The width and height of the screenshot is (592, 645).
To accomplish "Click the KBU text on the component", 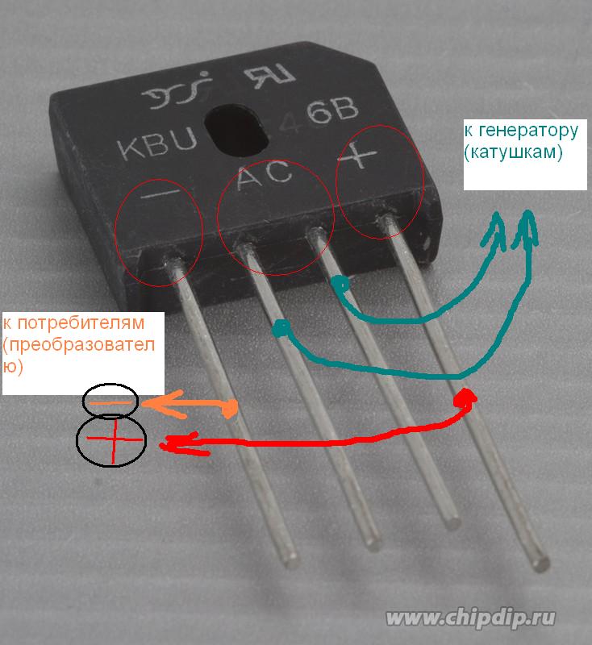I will point(158,148).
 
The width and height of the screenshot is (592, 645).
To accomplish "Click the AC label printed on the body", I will point(265,177).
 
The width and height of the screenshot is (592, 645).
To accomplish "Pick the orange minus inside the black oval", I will point(110,401).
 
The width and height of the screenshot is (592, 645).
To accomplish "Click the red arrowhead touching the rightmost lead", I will point(467,397).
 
